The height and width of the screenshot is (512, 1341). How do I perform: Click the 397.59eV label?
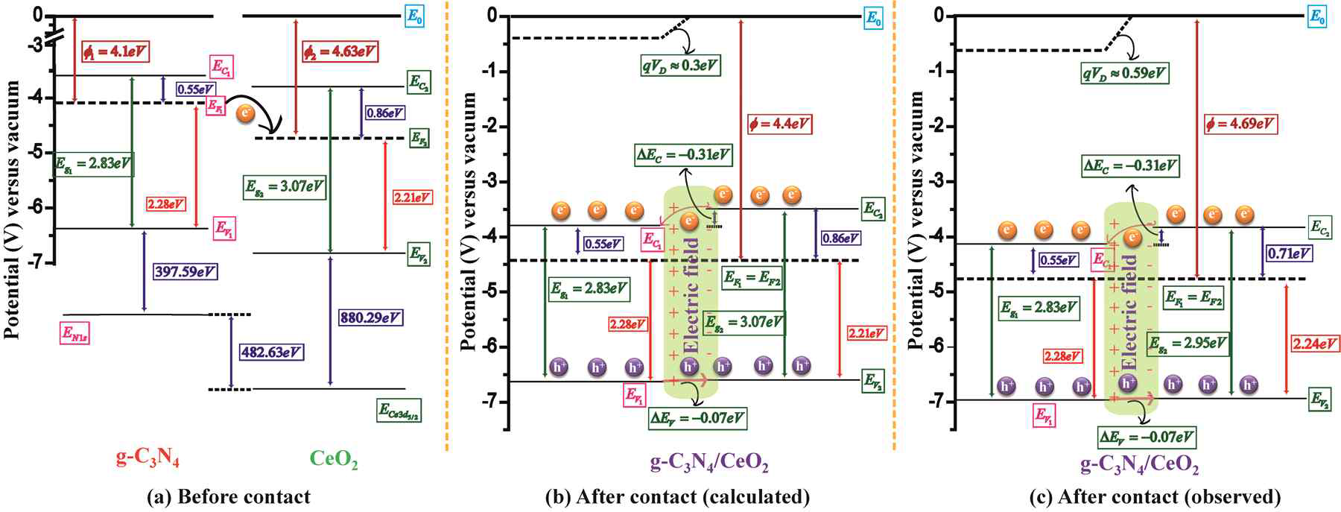[x=184, y=272]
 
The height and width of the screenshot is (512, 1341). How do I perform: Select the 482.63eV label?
[x=271, y=352]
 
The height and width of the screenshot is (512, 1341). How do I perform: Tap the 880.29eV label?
[x=370, y=317]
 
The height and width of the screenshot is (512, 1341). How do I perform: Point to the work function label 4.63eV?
[x=339, y=52]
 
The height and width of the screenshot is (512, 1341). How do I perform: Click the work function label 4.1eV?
[x=115, y=52]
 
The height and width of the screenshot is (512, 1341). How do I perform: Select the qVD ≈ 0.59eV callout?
[x=1124, y=73]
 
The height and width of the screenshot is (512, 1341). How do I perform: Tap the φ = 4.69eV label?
[x=1239, y=124]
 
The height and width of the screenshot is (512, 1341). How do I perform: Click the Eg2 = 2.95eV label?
[x=1188, y=344]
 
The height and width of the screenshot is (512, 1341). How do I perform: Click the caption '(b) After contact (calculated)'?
[x=678, y=497]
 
